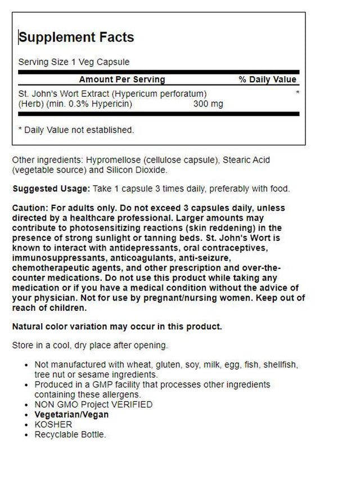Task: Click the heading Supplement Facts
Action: pos(76,38)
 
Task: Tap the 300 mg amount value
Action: pos(208,104)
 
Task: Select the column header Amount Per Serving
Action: pos(122,79)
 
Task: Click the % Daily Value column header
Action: pos(268,79)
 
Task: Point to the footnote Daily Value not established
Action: pos(76,130)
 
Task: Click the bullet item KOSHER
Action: pos(53,424)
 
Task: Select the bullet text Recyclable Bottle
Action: pos(70,434)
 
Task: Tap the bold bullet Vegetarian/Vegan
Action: pos(71,414)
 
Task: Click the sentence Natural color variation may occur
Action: pos(117,327)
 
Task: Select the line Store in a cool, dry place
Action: pos(89,345)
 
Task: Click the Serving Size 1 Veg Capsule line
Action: pos(74,61)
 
